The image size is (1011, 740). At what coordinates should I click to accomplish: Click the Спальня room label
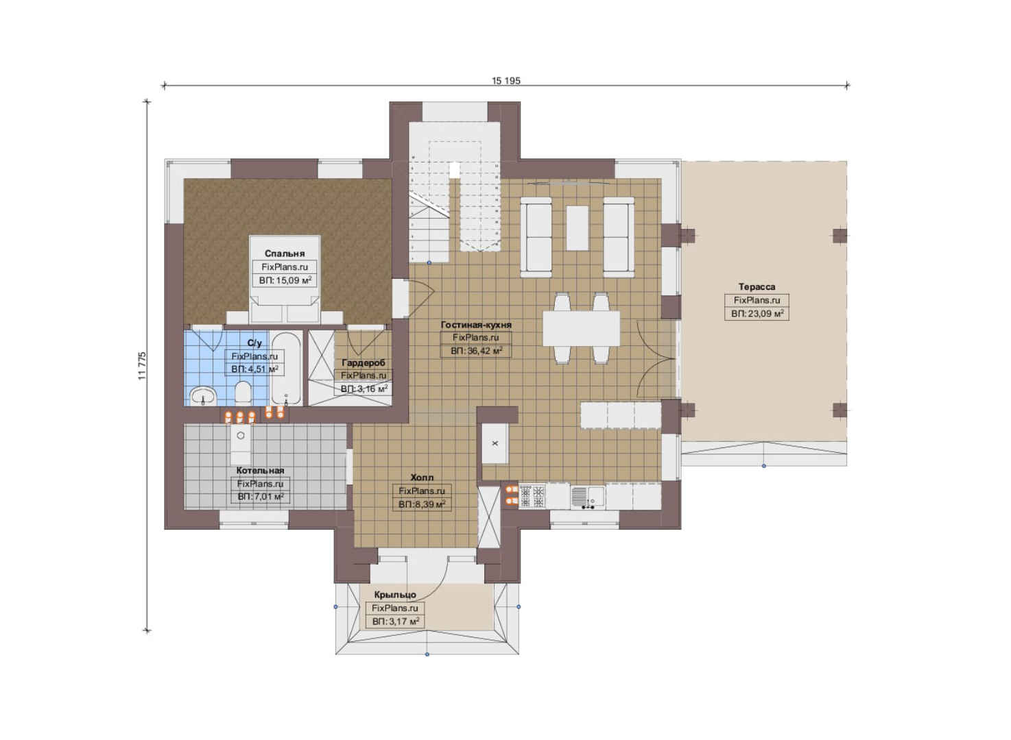pyautogui.click(x=285, y=254)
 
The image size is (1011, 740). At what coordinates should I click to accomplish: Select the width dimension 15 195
pyautogui.click(x=506, y=81)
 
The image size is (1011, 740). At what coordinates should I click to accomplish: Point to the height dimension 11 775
pyautogui.click(x=143, y=366)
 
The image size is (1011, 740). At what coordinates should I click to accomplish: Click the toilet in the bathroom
pyautogui.click(x=243, y=391)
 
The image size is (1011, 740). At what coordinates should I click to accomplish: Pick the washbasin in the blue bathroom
pyautogui.click(x=203, y=397)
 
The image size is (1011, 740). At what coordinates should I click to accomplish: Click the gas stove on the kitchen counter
pyautogui.click(x=532, y=497)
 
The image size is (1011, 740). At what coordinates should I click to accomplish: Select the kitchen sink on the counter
pyautogui.click(x=588, y=497)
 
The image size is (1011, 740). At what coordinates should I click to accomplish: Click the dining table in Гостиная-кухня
pyautogui.click(x=582, y=328)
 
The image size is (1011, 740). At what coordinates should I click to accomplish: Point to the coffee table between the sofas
pyautogui.click(x=578, y=228)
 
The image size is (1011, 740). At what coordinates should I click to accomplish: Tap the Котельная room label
pyautogui.click(x=261, y=470)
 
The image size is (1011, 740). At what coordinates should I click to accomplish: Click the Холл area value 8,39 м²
pyautogui.click(x=422, y=504)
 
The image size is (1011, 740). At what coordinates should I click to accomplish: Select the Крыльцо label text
pyautogui.click(x=395, y=595)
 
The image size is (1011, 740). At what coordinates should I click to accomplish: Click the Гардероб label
pyautogui.click(x=364, y=362)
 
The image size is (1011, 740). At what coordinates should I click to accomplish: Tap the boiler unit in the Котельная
pyautogui.click(x=241, y=444)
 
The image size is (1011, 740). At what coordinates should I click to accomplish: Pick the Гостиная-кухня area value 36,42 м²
pyautogui.click(x=476, y=351)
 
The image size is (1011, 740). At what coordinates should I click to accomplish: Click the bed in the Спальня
pyautogui.click(x=285, y=279)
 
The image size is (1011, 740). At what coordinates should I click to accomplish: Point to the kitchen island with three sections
pyautogui.click(x=621, y=415)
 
